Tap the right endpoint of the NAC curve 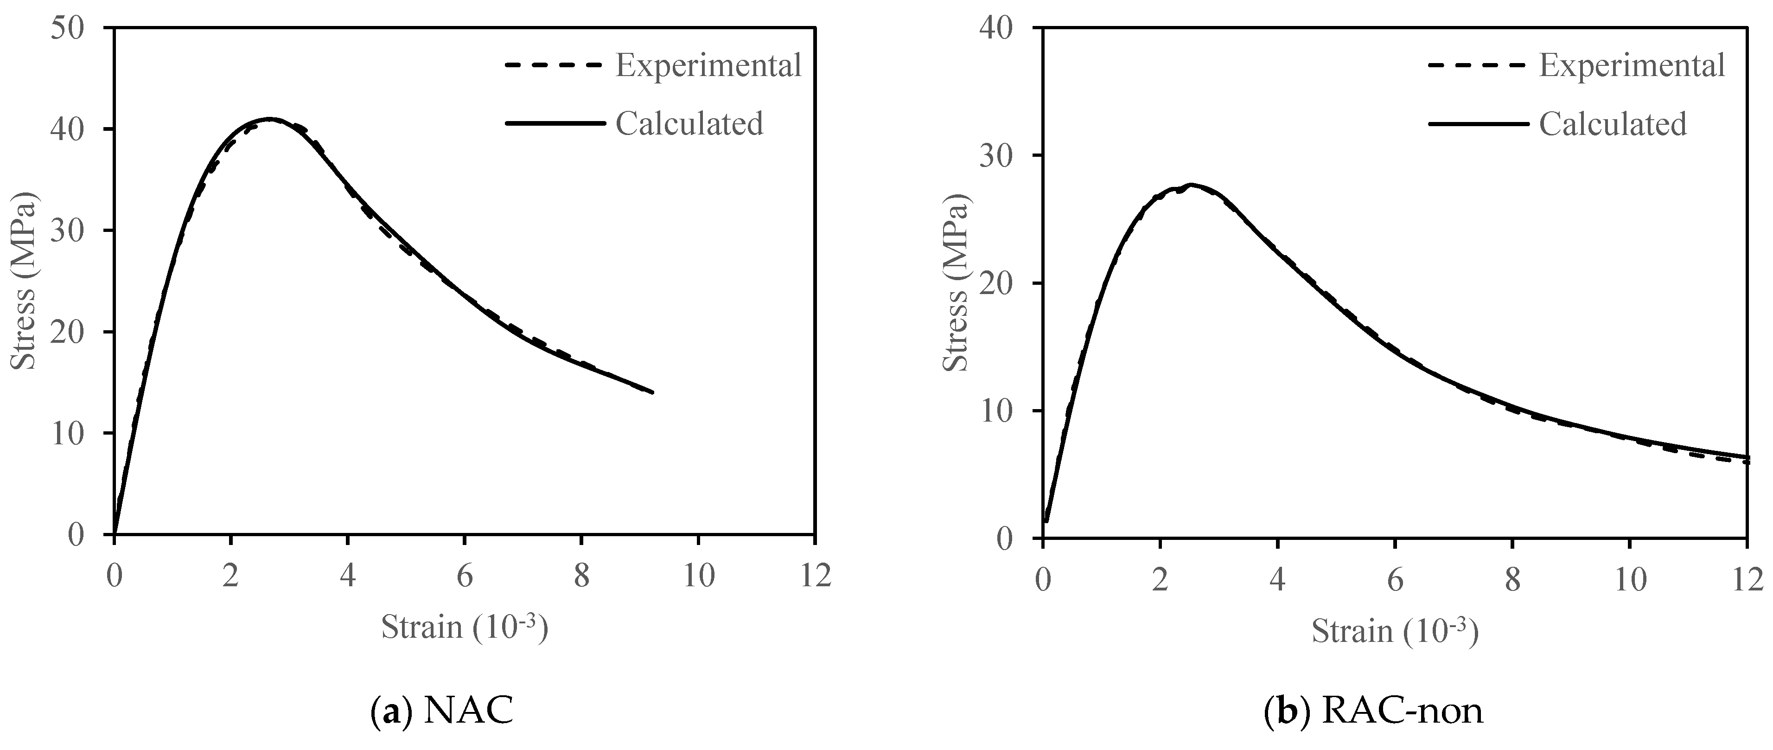tap(652, 392)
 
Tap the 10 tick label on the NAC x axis tap(699, 575)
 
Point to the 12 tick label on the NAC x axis tap(815, 575)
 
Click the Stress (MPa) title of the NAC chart tap(25, 282)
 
